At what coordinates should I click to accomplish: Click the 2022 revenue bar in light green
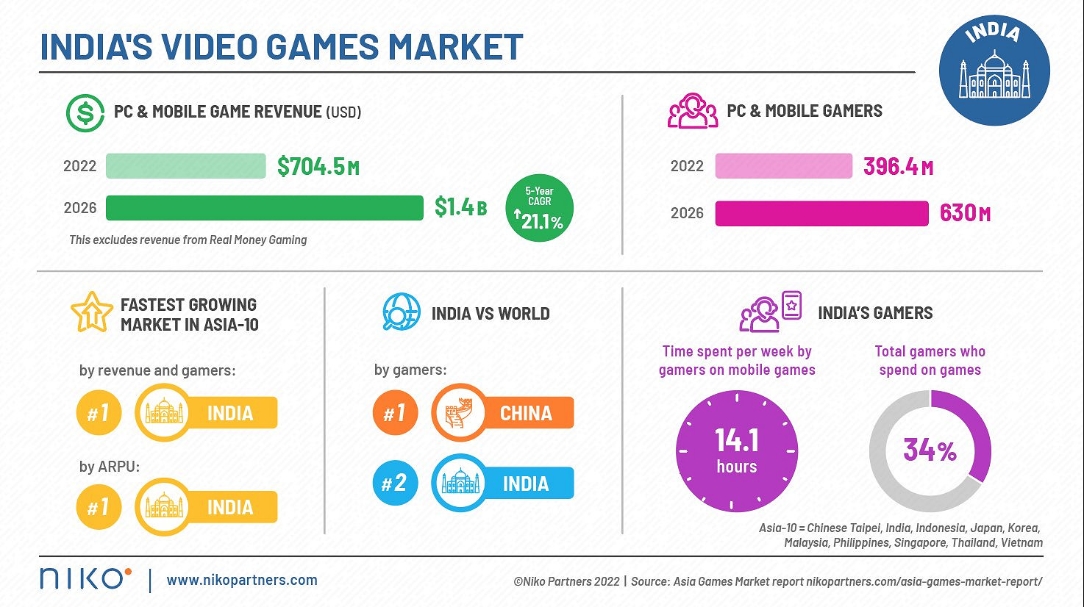[x=185, y=166]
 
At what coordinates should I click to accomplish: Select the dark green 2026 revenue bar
[x=264, y=208]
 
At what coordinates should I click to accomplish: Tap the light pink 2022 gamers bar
[x=783, y=166]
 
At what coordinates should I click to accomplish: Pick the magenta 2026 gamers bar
[x=821, y=213]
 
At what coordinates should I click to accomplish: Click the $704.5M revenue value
[x=318, y=167]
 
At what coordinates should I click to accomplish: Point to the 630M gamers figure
[x=965, y=213]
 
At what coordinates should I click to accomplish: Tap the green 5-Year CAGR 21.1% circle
[x=540, y=208]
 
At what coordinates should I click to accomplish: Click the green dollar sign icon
[x=85, y=113]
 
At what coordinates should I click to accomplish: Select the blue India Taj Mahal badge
[x=994, y=70]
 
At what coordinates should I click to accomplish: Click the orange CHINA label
[x=525, y=413]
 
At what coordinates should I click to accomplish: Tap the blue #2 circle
[x=395, y=483]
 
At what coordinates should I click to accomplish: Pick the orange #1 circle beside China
[x=395, y=413]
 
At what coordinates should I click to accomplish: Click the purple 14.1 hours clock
[x=736, y=451]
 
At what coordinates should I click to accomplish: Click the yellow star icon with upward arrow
[x=91, y=312]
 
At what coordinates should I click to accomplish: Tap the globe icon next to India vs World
[x=401, y=312]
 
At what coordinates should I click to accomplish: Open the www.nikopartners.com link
[x=242, y=580]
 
